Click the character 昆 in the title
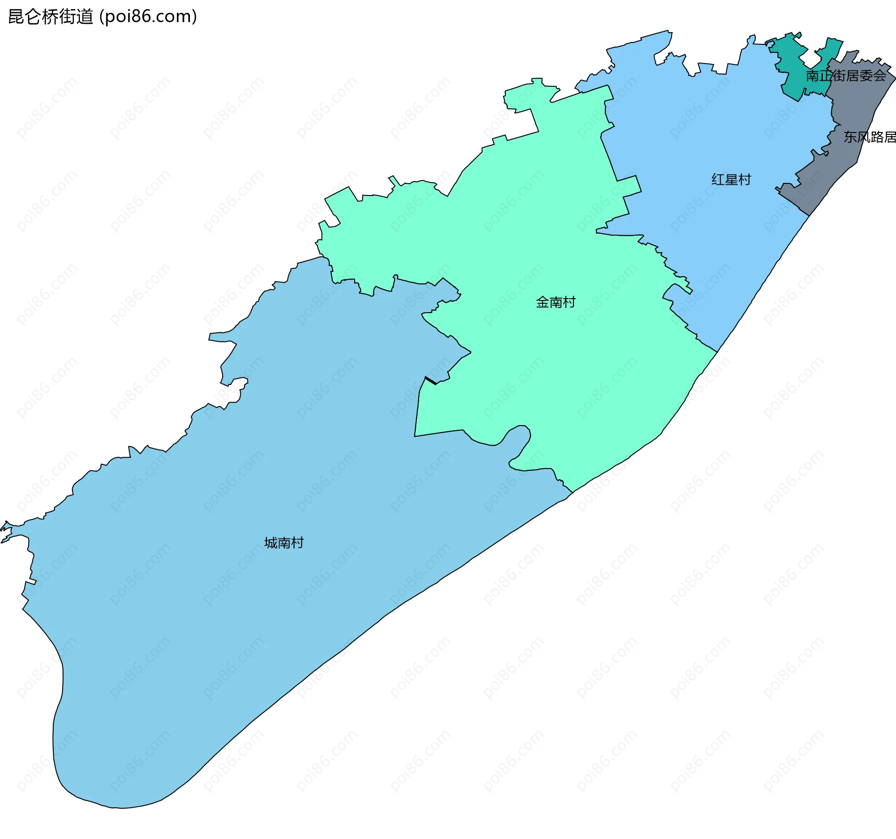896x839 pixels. coord(16,17)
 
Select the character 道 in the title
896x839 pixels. coord(85,17)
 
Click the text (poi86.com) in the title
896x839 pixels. coord(148,17)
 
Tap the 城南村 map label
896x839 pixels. coord(284,543)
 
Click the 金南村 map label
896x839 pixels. coord(555,302)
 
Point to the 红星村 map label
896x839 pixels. coord(731,180)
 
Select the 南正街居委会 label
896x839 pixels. coord(846,76)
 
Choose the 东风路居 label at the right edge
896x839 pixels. coord(869,137)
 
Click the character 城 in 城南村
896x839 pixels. coord(271,543)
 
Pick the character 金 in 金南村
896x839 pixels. coord(542,302)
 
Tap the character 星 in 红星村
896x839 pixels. coord(731,180)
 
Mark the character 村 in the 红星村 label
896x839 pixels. coord(744,180)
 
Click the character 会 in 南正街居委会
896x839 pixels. coord(879,76)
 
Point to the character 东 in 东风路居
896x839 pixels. coord(850,137)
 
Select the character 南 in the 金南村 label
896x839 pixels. coord(555,302)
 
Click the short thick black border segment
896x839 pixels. coord(431,381)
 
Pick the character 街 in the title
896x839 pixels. coord(68,17)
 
